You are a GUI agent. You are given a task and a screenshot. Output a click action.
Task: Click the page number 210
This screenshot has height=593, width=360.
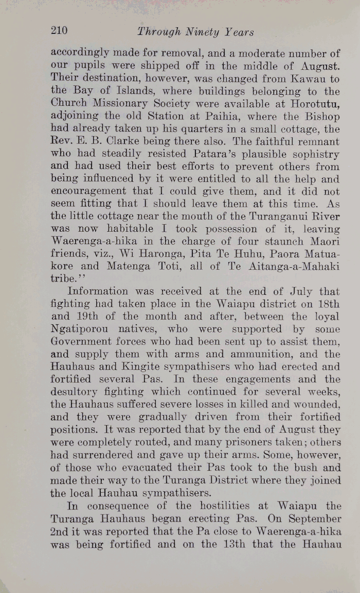tap(59, 31)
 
